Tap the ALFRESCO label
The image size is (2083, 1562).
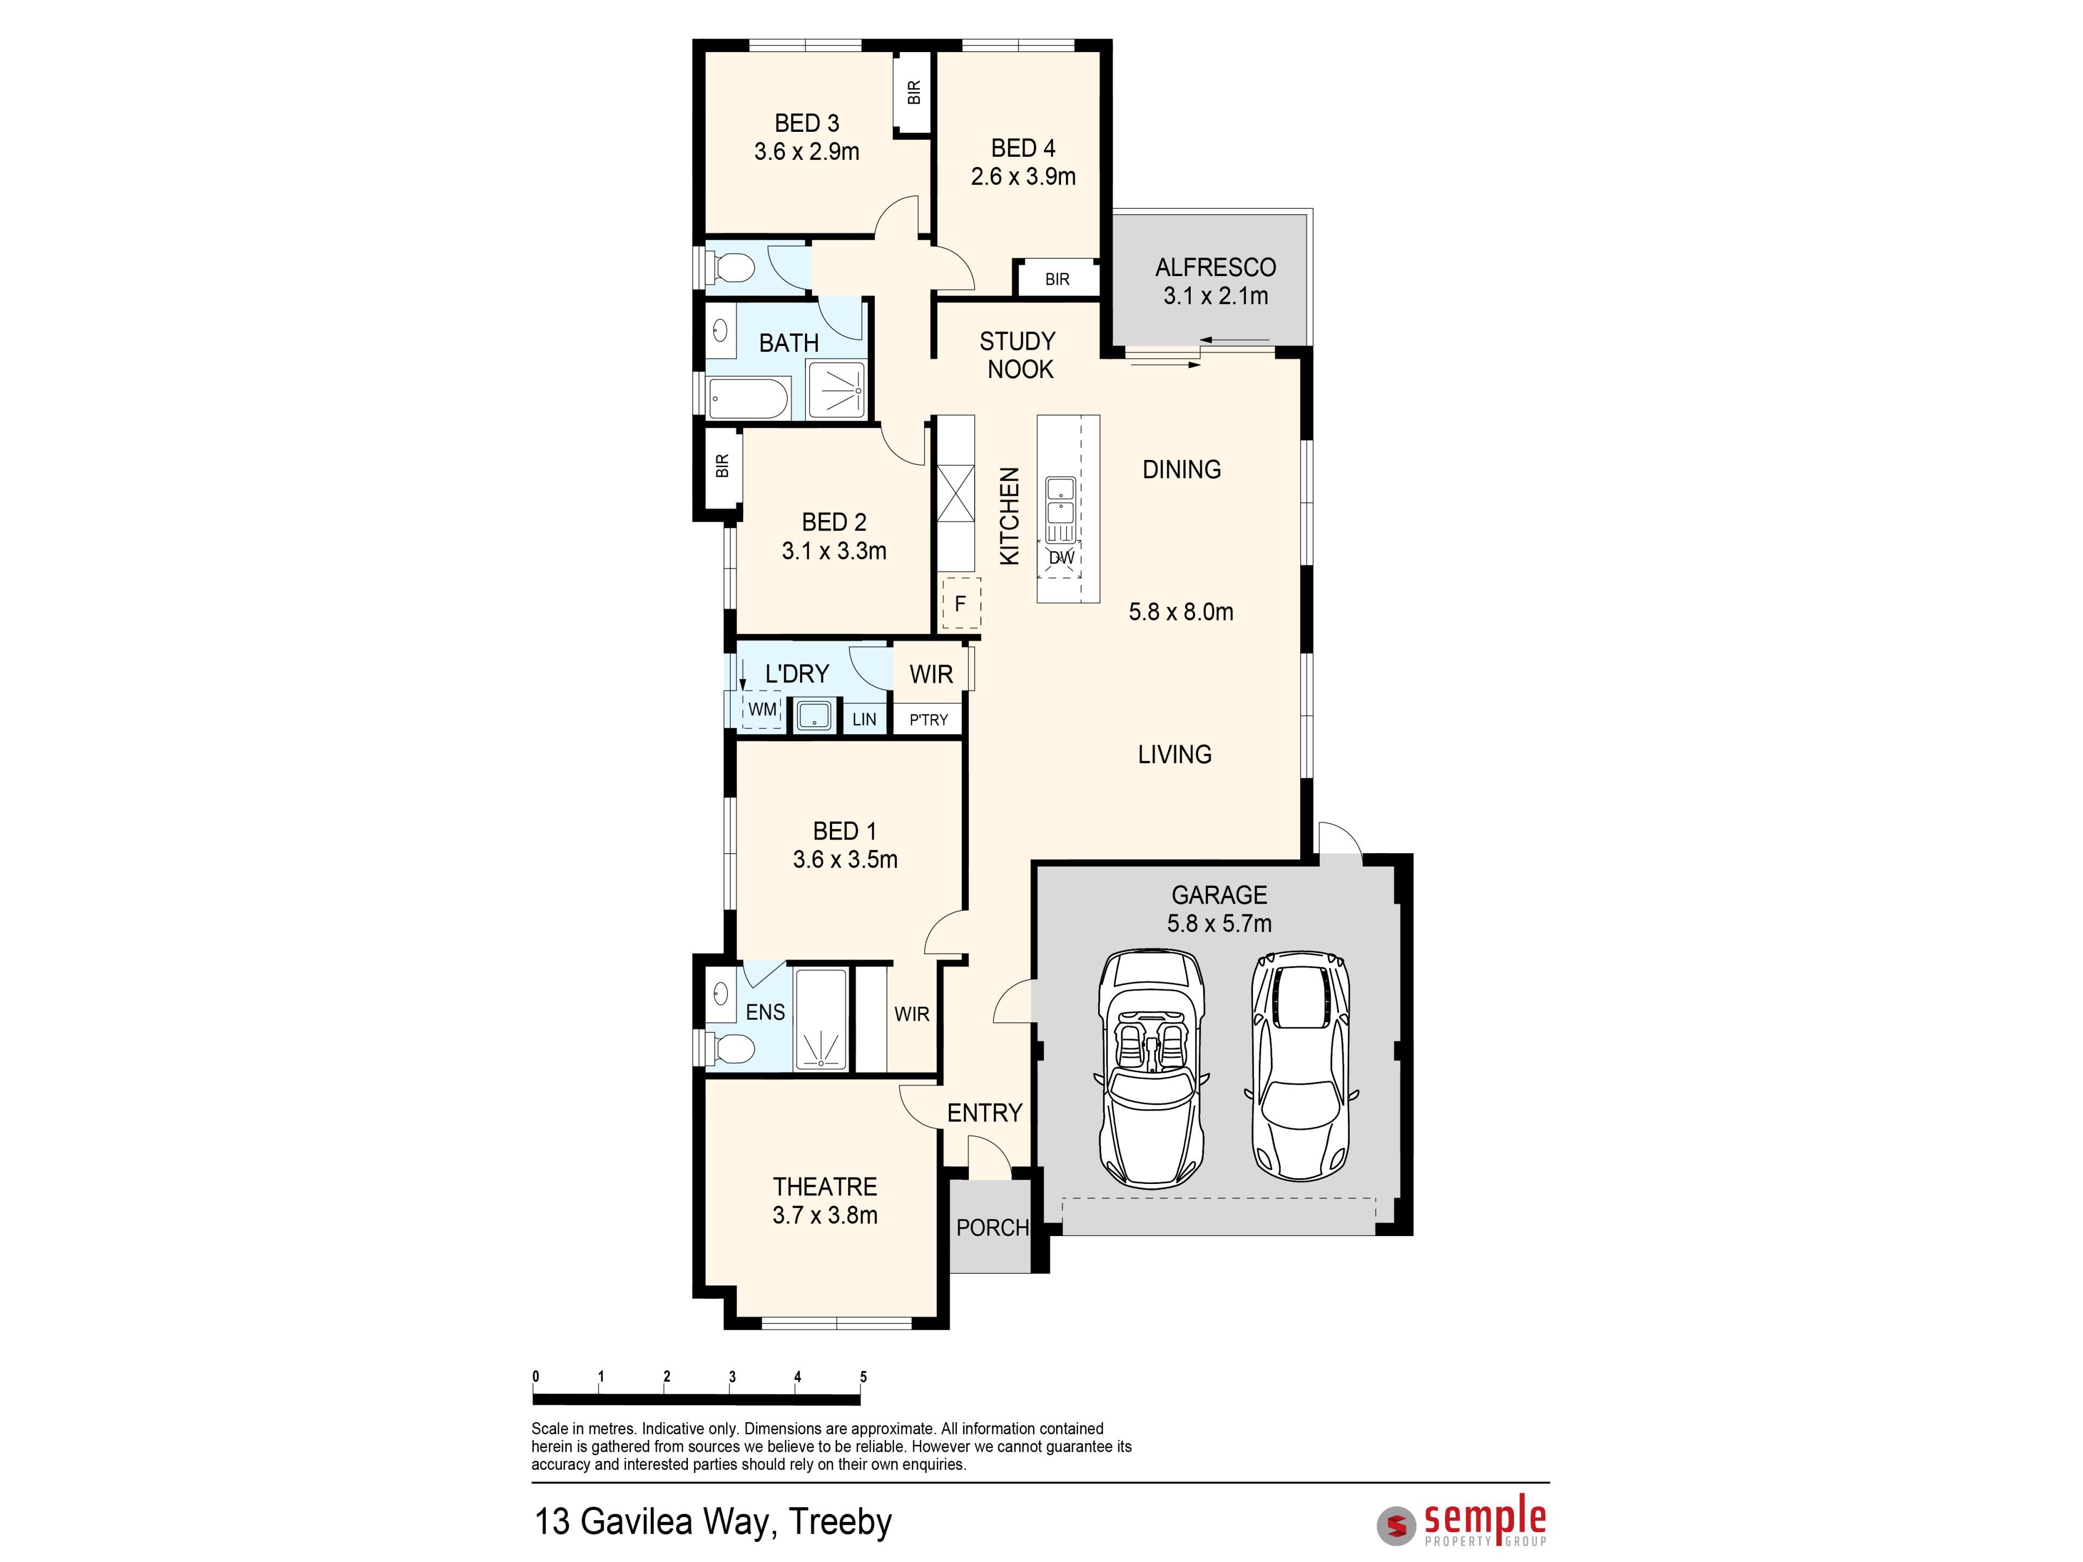pyautogui.click(x=1216, y=267)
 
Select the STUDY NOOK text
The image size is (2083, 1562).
pyautogui.click(x=1018, y=355)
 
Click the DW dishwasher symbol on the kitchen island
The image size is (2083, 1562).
pyautogui.click(x=1061, y=558)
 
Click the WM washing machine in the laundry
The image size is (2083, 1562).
pyautogui.click(x=762, y=709)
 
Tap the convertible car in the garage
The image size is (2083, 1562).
pyautogui.click(x=1151, y=1070)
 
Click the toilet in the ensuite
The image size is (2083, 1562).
pyautogui.click(x=732, y=1047)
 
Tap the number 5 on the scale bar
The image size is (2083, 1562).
pyautogui.click(x=862, y=1377)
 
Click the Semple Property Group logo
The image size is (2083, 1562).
pyautogui.click(x=1461, y=1525)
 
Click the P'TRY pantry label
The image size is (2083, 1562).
pyautogui.click(x=929, y=719)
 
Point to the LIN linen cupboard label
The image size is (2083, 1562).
pyautogui.click(x=864, y=719)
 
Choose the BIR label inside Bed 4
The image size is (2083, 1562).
pyautogui.click(x=1057, y=280)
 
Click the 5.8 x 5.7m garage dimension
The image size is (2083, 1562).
pyautogui.click(x=1219, y=924)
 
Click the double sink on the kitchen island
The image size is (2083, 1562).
pyautogui.click(x=1061, y=502)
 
